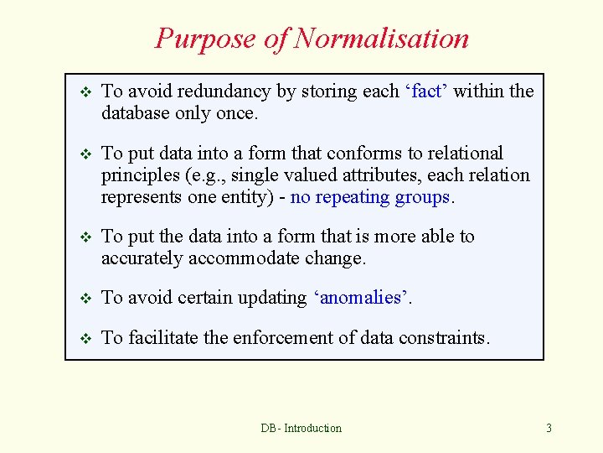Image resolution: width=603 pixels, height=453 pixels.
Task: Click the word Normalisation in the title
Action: (x=381, y=39)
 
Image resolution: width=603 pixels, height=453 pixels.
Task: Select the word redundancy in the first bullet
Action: (x=224, y=91)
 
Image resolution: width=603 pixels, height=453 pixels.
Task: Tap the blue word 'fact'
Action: (x=426, y=91)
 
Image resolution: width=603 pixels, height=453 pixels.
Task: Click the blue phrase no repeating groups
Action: (x=370, y=197)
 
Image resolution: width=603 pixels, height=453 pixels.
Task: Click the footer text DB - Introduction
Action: (x=301, y=429)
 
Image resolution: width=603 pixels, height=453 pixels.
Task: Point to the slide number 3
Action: (x=549, y=429)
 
